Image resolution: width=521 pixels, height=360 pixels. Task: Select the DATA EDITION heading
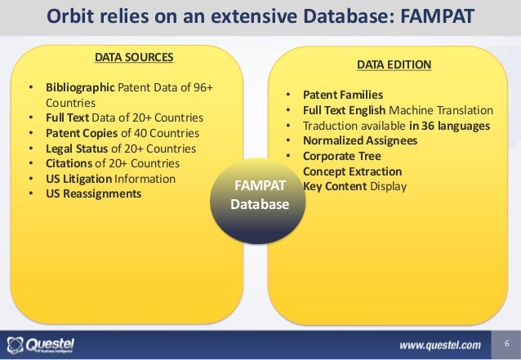pos(394,64)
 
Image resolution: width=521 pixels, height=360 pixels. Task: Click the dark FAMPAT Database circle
pos(260,195)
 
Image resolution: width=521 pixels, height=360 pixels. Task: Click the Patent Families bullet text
pos(343,95)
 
